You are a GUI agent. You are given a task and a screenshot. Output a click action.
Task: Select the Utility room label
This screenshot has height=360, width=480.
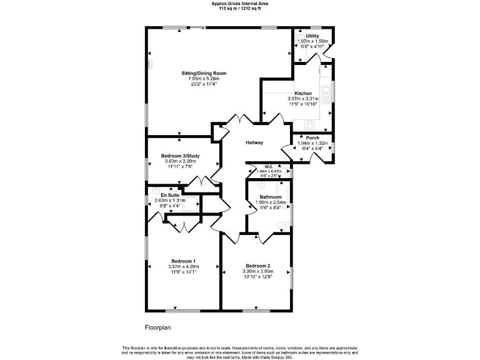(312, 36)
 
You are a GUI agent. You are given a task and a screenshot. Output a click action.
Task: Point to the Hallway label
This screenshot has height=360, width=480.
(254, 142)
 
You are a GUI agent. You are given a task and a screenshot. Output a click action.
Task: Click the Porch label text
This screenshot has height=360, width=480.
(312, 138)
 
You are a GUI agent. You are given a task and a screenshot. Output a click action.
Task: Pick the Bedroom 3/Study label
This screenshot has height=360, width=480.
(180, 156)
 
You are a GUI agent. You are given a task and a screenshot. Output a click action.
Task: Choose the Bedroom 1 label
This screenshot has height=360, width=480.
(184, 261)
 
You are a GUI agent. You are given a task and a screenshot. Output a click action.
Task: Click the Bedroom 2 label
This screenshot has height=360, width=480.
(257, 266)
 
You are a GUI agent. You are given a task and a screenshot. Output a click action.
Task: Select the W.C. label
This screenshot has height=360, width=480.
(268, 166)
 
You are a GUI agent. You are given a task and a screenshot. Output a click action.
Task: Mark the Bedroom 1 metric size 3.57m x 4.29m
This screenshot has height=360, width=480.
(183, 267)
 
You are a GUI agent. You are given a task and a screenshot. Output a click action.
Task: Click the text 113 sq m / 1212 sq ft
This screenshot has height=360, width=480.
(239, 8)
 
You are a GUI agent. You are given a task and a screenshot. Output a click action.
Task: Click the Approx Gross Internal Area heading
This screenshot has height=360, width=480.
(239, 3)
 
